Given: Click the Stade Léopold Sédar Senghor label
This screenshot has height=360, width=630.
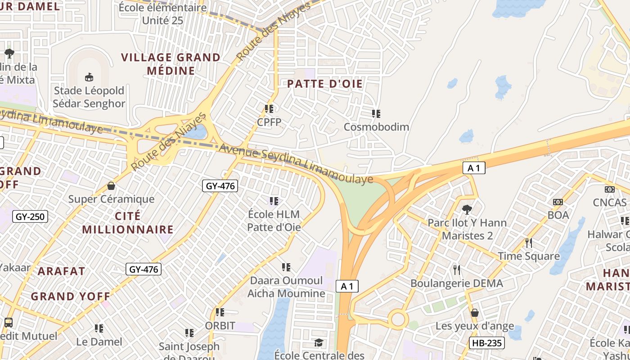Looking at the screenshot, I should tap(89, 97).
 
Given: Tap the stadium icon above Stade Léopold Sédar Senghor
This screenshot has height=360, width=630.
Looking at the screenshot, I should tap(89, 77).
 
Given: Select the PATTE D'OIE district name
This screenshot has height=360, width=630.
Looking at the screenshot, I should tap(324, 84).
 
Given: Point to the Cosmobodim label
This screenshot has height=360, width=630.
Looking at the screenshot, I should tap(376, 127).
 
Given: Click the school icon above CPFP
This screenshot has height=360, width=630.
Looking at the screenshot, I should tap(269, 108).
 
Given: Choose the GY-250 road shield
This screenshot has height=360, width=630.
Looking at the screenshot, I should tap(30, 216).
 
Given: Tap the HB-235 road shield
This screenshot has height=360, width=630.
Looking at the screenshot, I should tap(486, 343).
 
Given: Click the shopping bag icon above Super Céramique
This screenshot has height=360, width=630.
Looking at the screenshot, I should tap(111, 185).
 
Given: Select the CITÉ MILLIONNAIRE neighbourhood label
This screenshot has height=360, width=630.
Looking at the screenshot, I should tap(128, 223).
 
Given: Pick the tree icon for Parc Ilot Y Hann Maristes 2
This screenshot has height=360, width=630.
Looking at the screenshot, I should tap(467, 209).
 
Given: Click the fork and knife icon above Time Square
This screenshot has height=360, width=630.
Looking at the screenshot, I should tap(529, 243).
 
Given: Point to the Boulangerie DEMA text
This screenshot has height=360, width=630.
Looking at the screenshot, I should tap(456, 283).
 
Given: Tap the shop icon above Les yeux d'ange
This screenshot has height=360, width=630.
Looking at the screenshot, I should tap(474, 312).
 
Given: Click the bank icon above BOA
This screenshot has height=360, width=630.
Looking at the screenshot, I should tap(558, 202).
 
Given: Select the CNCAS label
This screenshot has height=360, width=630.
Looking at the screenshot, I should tap(609, 202).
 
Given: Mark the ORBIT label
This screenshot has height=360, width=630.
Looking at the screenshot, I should tap(220, 325).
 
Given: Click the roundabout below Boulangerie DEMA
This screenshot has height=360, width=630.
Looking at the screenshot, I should tap(398, 319).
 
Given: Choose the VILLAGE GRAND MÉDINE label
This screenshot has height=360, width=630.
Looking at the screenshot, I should tap(171, 64).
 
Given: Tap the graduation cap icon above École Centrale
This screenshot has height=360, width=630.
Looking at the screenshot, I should tap(319, 343).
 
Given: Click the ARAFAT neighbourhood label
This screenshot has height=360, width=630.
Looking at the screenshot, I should tap(61, 271).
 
